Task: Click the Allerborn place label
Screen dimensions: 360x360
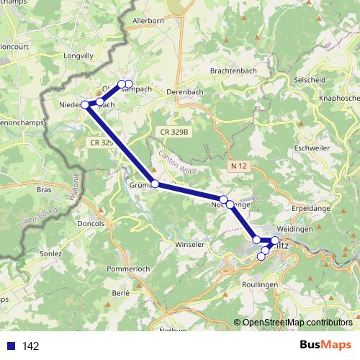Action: (x=148, y=22)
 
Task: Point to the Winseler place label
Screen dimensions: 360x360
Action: (x=191, y=245)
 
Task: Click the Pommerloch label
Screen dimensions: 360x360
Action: (x=127, y=269)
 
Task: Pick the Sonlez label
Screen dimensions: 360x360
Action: (x=51, y=254)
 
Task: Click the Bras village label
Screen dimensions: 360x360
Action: (x=45, y=190)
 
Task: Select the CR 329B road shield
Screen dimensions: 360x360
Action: (x=174, y=133)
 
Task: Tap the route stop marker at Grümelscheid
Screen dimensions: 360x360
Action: (x=155, y=184)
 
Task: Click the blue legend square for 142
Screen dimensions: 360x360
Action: (x=10, y=346)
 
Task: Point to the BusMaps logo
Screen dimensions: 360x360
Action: (x=326, y=346)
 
